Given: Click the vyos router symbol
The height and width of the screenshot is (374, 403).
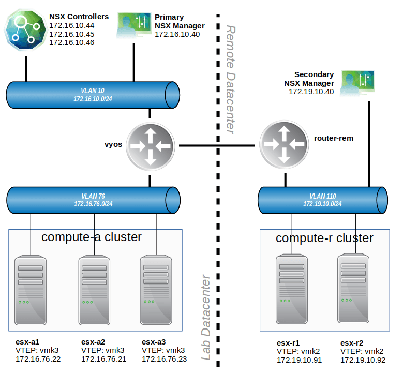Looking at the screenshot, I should [x=150, y=147].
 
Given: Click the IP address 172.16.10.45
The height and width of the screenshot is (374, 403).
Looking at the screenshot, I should [x=72, y=34].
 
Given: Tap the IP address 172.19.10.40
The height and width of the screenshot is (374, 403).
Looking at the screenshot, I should [x=311, y=92].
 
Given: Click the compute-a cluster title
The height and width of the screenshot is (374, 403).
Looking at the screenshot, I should [x=92, y=237].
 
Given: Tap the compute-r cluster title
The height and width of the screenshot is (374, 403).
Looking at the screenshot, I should [x=324, y=238].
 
